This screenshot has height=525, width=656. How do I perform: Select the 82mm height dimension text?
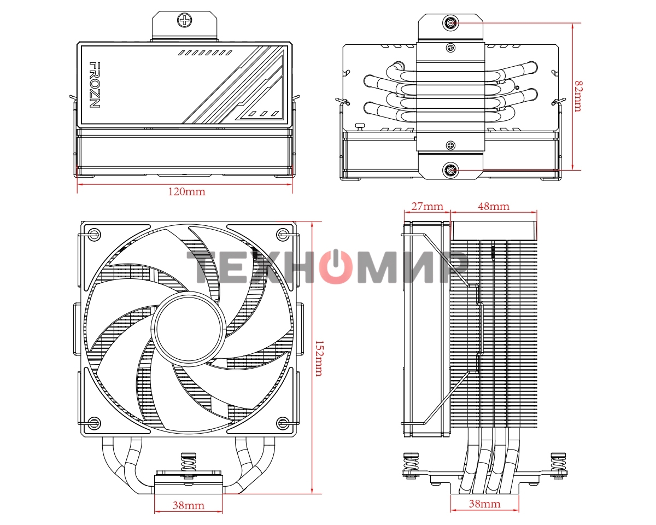578,96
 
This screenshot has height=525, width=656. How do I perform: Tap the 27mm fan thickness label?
426,206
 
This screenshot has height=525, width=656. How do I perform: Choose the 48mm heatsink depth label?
493,206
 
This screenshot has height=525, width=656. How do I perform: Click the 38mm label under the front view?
188,505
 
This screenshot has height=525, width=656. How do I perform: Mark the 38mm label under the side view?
484,504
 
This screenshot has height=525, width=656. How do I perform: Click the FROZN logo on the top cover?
94,85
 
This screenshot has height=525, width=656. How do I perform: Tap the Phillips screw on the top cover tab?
185,21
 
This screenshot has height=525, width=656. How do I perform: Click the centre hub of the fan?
188,325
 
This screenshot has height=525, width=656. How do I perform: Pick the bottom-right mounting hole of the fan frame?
283,422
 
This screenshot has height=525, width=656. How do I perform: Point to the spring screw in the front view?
188,466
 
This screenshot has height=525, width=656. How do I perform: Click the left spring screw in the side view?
410,465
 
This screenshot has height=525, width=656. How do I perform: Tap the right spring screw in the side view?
559,465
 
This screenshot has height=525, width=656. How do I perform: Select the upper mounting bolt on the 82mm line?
451,24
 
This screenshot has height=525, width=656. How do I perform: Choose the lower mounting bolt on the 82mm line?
451,170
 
